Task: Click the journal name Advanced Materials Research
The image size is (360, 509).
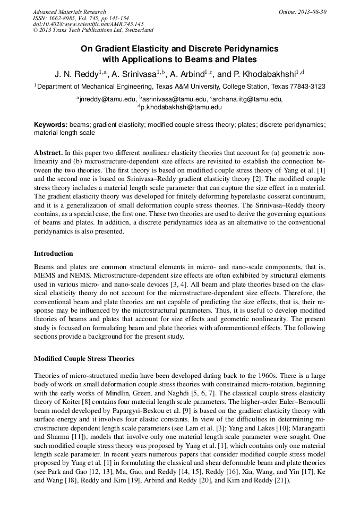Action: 69,12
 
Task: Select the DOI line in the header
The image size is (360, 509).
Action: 88,24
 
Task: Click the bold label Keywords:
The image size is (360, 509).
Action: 50,125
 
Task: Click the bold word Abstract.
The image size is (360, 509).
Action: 48,151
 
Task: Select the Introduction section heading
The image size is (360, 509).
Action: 54,253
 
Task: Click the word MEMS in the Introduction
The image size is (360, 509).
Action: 45,276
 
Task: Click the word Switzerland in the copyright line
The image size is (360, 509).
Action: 135,31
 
